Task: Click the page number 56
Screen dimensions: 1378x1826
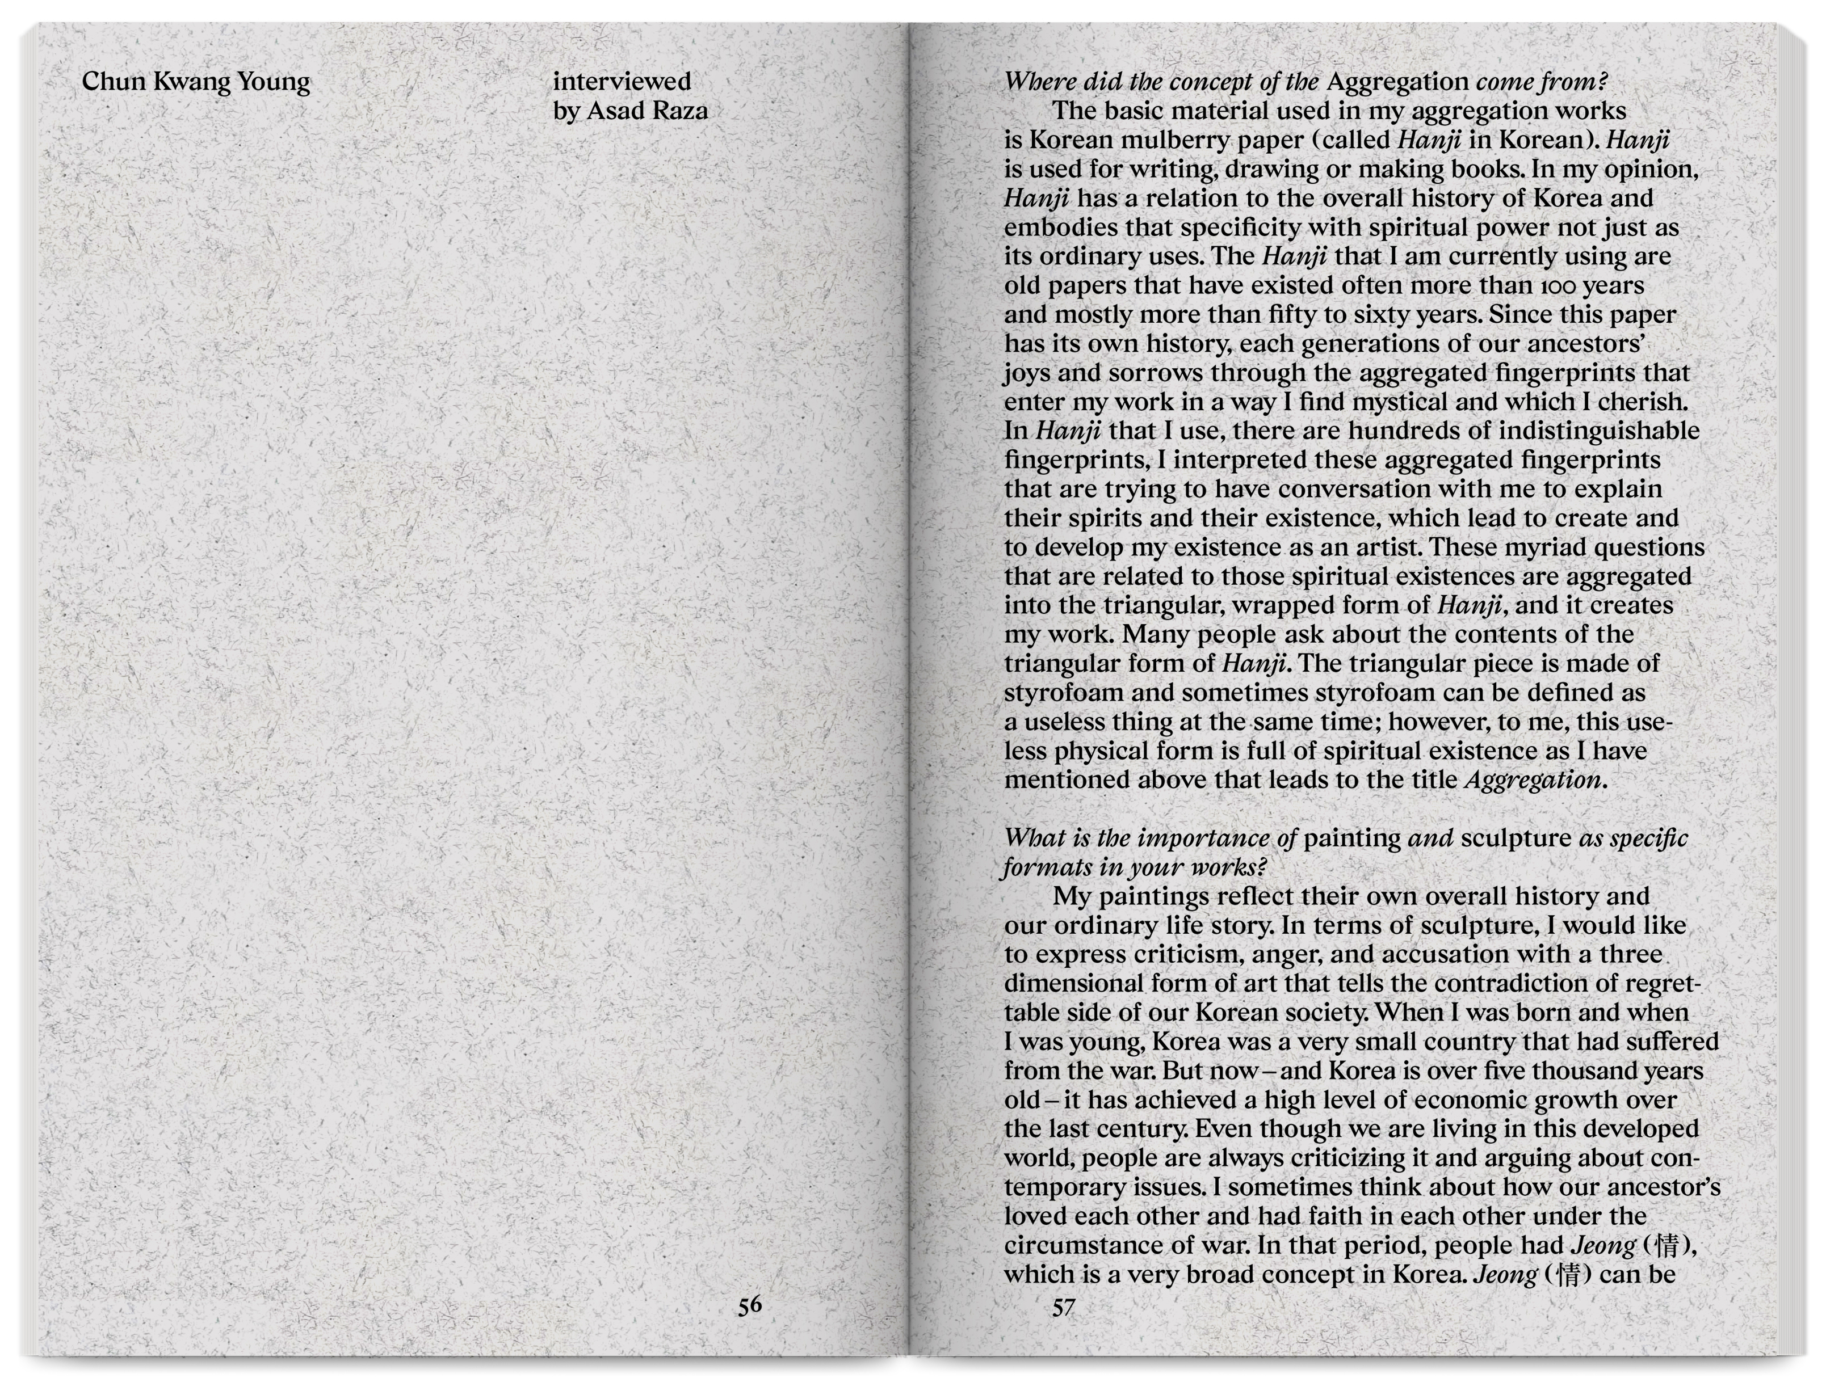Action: pos(750,1305)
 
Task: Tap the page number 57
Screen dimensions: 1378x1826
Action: pos(1063,1307)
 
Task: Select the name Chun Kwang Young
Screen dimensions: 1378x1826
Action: pos(196,82)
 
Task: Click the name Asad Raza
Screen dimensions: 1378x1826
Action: pos(647,111)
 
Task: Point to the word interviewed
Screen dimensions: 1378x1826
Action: pos(622,81)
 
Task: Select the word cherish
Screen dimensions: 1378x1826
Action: pos(1642,402)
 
